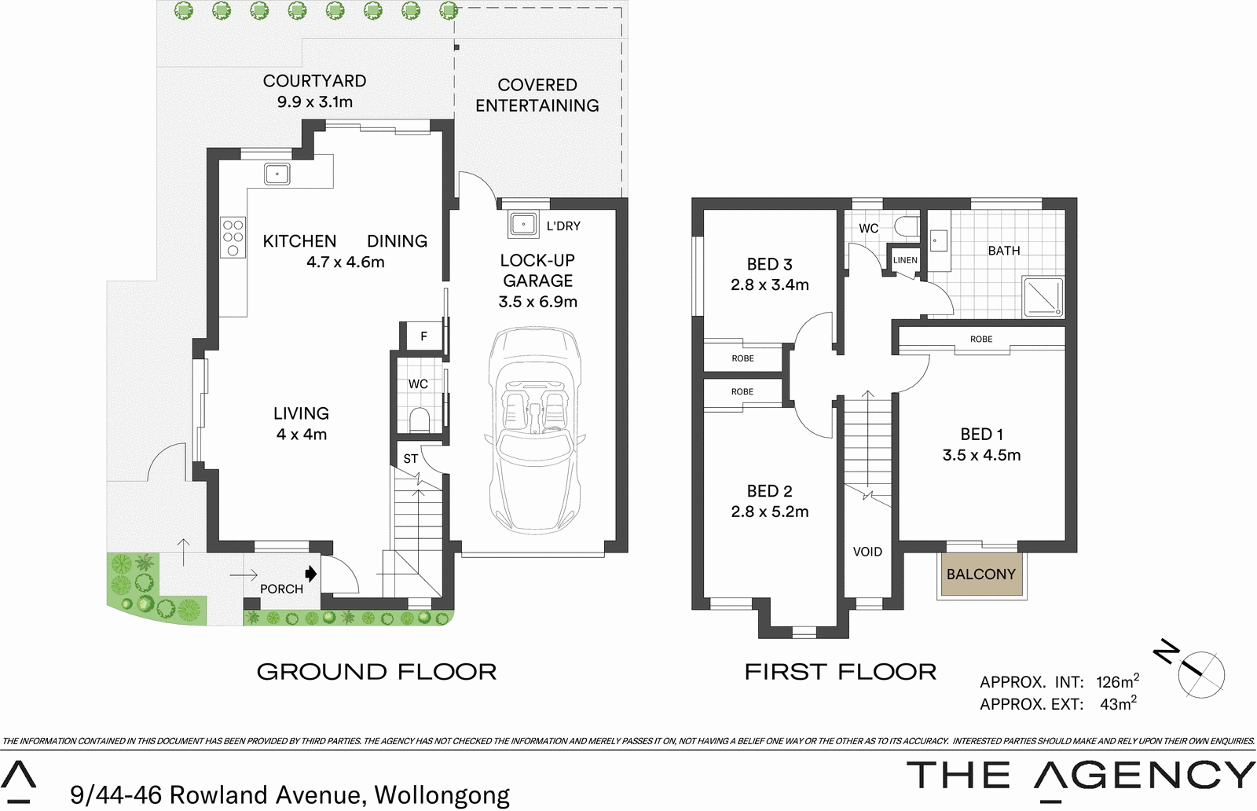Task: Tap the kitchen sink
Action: coord(277,174)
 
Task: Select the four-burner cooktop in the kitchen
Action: coord(233,237)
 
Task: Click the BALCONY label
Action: coord(980,574)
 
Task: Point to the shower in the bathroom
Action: coord(1043,296)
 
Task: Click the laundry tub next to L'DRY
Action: coord(522,225)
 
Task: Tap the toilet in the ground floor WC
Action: coord(420,420)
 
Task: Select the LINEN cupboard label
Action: coord(905,260)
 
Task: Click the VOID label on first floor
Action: coord(867,552)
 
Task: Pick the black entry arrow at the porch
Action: coord(311,574)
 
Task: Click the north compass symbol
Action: coord(1200,673)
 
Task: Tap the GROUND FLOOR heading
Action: coord(376,672)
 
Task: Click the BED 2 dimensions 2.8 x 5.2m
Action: coord(769,512)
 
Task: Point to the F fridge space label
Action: coord(423,336)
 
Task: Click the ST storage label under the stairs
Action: coord(410,459)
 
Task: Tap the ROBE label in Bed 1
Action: coord(980,339)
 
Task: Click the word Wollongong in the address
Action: coord(442,795)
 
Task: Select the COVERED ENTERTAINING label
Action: coord(537,95)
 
